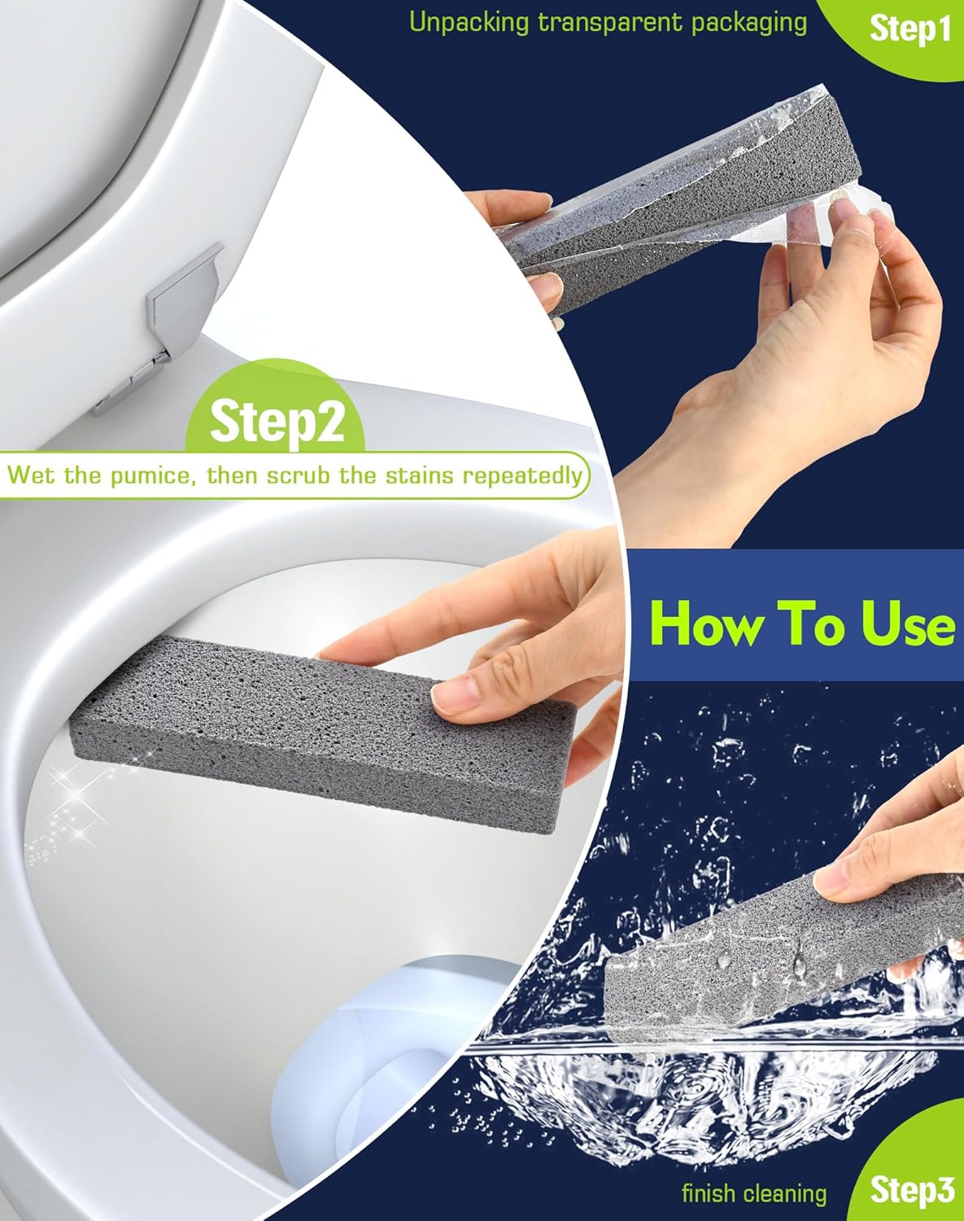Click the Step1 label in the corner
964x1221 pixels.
tap(909, 30)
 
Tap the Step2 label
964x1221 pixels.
tap(277, 420)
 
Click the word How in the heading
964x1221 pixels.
tap(703, 625)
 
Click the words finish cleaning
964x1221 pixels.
tap(754, 1193)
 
